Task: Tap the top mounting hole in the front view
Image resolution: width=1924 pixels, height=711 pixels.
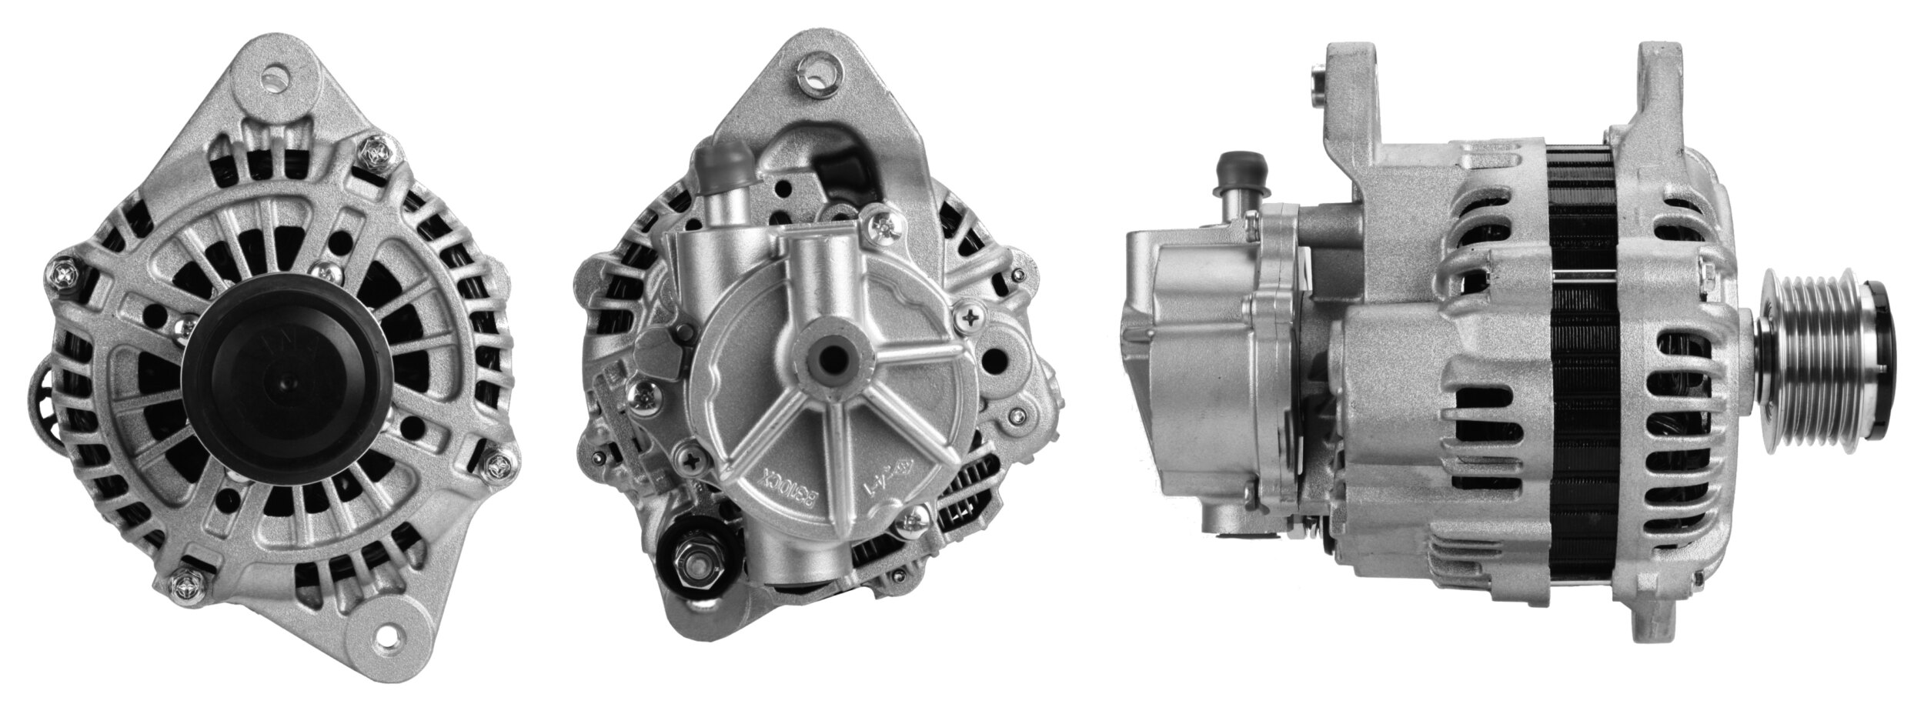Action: click(275, 76)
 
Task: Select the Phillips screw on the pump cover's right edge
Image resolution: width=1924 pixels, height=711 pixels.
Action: click(972, 315)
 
